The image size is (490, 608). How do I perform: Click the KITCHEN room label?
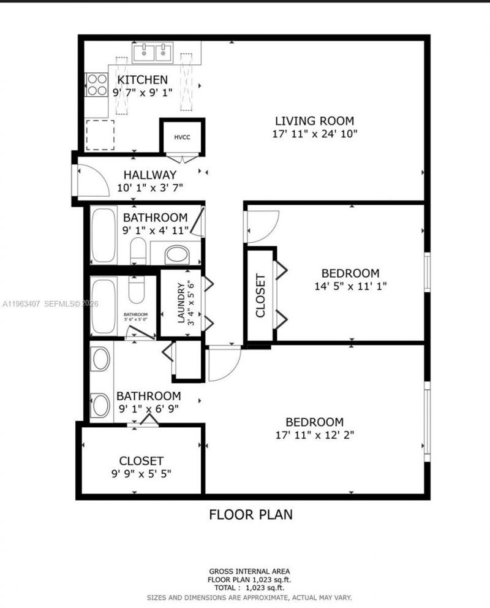coord(142,80)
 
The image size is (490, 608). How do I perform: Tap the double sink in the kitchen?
coord(154,53)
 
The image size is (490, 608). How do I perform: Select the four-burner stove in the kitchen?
coord(96,85)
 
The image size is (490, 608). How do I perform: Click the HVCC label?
coord(183,137)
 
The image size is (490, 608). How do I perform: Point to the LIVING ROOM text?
coord(314,121)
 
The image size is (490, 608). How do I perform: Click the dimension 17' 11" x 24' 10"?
coord(314,133)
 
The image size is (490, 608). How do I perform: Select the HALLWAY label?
coord(149,175)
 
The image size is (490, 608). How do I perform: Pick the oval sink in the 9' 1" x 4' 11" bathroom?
coord(177,254)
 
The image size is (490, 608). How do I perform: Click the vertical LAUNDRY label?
coord(181,303)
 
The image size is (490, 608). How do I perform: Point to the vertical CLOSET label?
coord(260,296)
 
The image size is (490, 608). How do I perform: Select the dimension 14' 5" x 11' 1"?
coord(351,285)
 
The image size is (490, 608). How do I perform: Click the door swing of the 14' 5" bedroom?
coord(262,226)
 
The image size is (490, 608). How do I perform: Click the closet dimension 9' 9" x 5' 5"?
coord(141,473)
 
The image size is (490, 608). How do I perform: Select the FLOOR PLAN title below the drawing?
coord(251,514)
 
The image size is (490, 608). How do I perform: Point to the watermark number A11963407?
coord(21,303)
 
